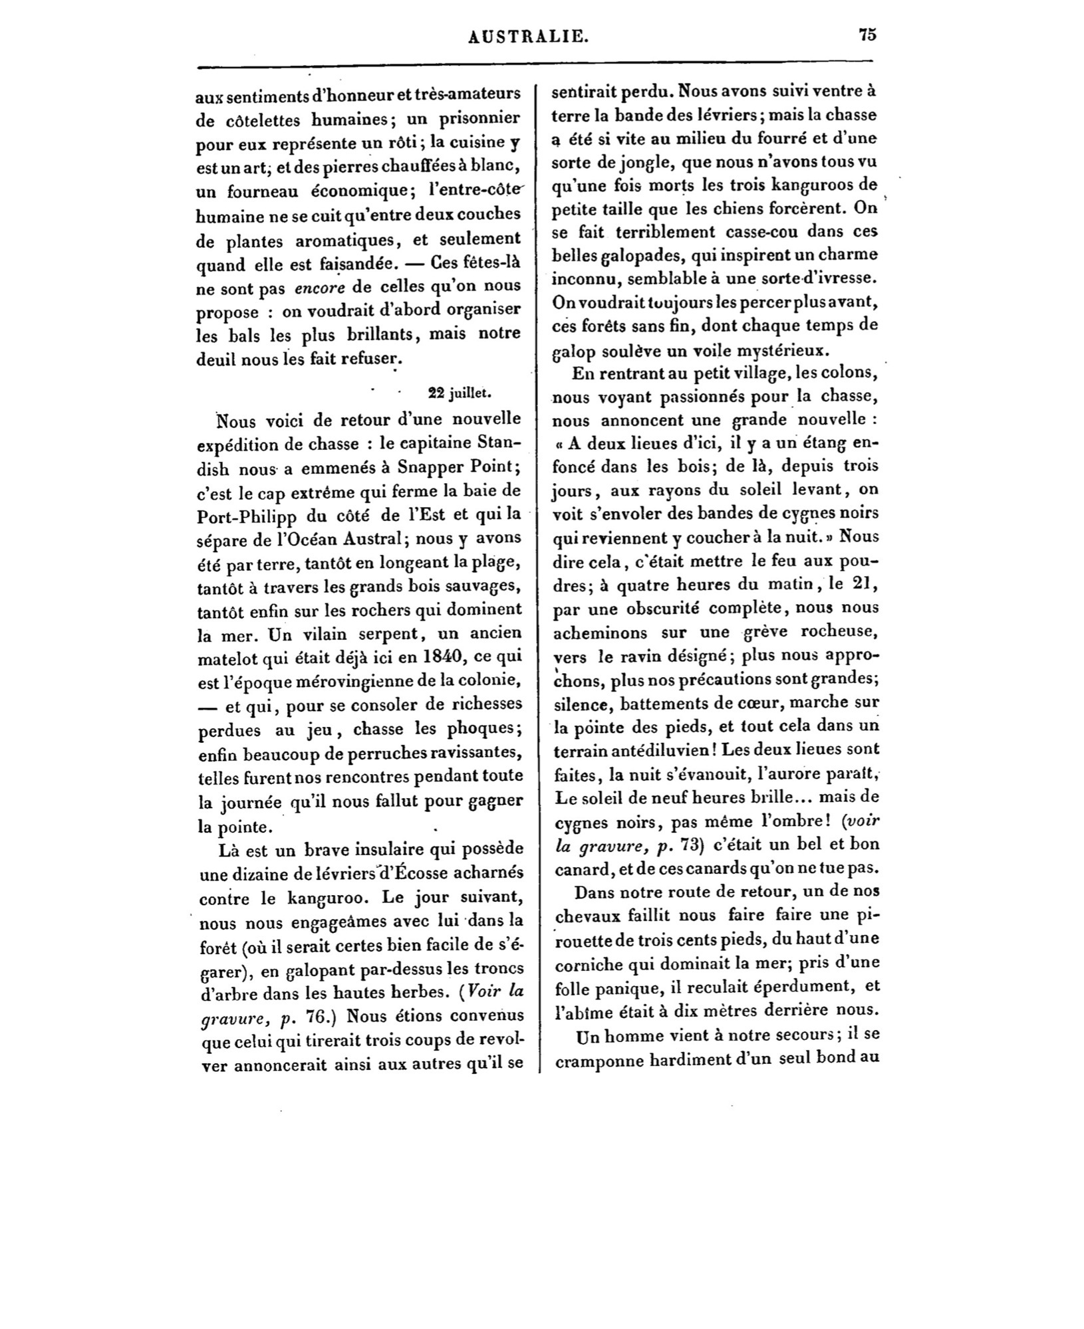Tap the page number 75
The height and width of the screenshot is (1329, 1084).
click(x=867, y=35)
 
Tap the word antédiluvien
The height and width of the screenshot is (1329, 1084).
click(x=630, y=750)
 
